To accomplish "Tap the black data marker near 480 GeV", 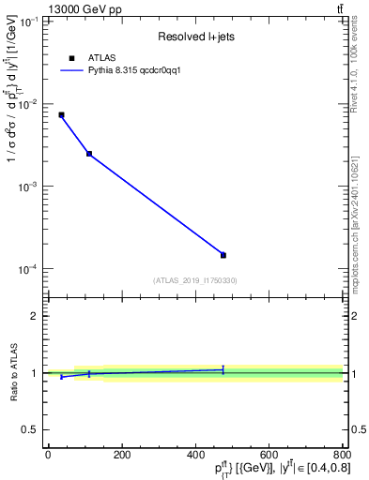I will tap(223, 255).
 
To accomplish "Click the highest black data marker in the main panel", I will tap(61, 114).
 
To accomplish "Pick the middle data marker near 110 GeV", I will tap(89, 154).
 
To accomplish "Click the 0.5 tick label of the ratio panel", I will tap(29, 429).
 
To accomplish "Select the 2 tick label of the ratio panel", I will tap(34, 316).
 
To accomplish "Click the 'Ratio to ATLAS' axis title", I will tap(12, 373).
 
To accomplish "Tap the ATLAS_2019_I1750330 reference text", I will tap(195, 280).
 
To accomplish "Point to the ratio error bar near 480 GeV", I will tap(223, 369).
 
